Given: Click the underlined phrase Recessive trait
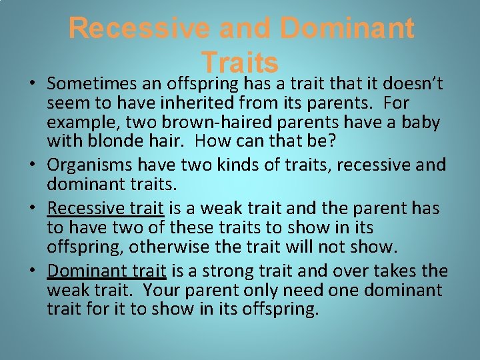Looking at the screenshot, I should click(105, 209).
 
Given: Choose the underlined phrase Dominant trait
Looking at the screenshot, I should click(107, 271).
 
